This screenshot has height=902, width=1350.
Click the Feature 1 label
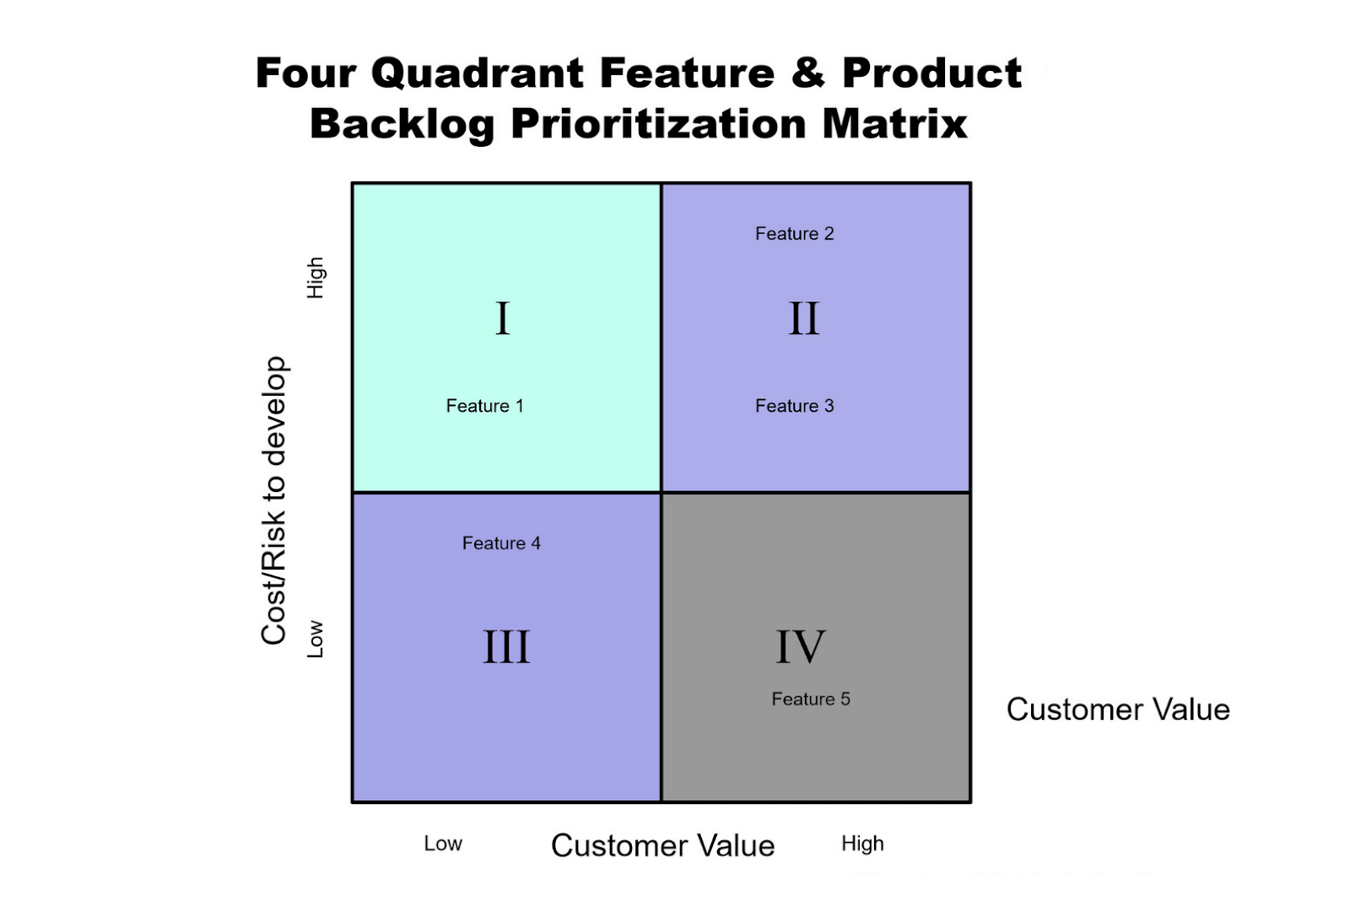coord(484,406)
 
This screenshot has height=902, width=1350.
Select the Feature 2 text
coord(794,234)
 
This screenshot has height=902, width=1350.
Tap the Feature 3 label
coord(794,406)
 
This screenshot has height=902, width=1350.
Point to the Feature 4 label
coord(501,543)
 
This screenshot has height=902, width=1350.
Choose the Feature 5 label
coord(811,699)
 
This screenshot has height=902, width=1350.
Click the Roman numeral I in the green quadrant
coord(503,319)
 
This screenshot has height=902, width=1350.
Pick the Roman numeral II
coord(804,319)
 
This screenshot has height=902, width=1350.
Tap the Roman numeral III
coord(506,647)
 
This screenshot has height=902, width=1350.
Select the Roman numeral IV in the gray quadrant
coord(801,647)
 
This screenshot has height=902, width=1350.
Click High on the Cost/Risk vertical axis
coord(316,278)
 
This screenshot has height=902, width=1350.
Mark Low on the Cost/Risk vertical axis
coord(316,639)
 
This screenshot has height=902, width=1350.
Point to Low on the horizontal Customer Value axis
coord(443,844)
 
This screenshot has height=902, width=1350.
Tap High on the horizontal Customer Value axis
coord(862,844)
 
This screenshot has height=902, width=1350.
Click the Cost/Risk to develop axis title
coord(274,501)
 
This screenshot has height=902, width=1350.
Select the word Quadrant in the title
coord(478,73)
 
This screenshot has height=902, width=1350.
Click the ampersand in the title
coord(807,73)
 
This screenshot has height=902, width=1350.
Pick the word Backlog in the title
coord(402,125)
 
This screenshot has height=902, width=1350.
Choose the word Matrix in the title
coord(894,125)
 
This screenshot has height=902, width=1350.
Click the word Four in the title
coord(305,73)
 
